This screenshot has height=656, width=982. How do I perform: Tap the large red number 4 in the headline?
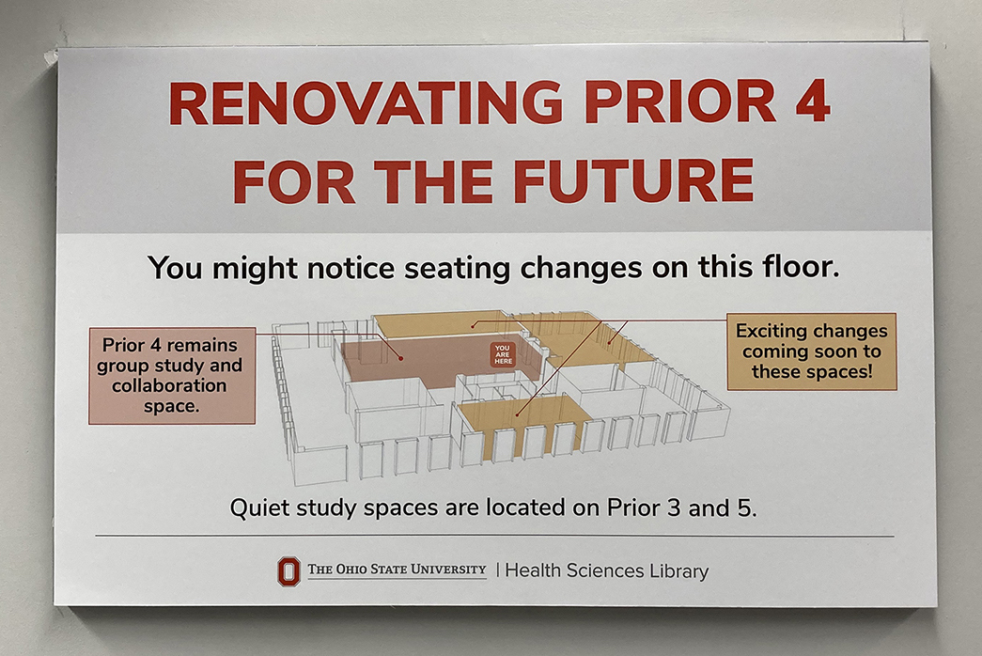click(813, 101)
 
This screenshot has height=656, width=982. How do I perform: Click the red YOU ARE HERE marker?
click(503, 354)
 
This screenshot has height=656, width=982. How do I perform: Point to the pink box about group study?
click(172, 375)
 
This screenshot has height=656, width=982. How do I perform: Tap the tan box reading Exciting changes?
click(812, 351)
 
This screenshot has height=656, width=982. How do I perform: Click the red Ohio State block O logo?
click(288, 571)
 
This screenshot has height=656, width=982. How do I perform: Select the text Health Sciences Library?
click(607, 570)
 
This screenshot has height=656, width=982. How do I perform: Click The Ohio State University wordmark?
click(397, 570)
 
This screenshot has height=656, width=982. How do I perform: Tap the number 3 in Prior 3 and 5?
click(674, 508)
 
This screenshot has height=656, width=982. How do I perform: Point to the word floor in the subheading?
click(801, 267)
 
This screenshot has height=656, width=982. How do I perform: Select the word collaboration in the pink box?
click(169, 385)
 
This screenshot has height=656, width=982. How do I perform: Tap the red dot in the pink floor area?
click(401, 358)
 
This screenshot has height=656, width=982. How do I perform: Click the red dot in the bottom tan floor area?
click(517, 414)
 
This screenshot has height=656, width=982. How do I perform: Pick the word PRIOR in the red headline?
click(682, 102)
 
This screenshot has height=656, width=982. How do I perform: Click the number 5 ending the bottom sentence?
click(744, 508)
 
